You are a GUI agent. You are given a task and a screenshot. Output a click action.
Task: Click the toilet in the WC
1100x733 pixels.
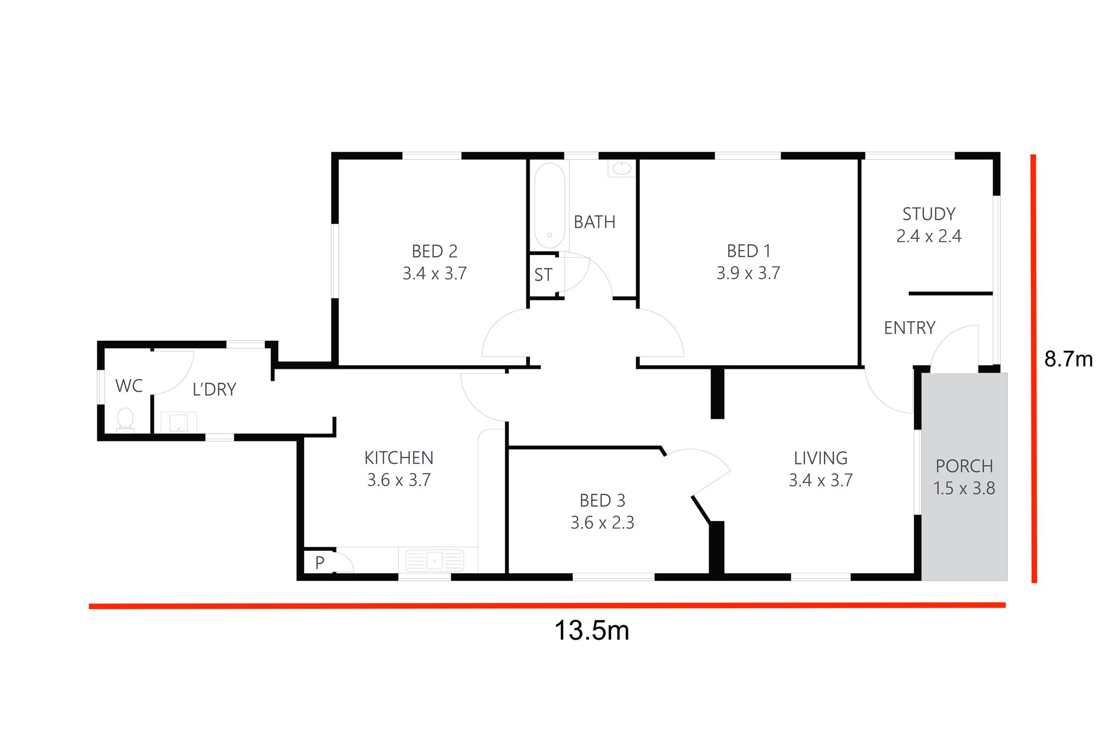tap(125, 420)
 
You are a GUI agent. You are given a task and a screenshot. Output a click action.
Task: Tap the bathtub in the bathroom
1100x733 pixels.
tap(549, 206)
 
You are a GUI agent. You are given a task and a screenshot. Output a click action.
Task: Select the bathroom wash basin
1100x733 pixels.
tap(622, 168)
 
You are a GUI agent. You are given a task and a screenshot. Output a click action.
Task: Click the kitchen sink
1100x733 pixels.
tap(434, 560)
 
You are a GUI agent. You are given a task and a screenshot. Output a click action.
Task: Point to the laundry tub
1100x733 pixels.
tap(178, 422)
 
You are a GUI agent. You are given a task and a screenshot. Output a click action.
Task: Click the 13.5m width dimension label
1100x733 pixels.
tap(592, 630)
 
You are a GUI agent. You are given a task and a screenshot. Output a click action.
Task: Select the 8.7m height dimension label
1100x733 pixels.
tap(1068, 359)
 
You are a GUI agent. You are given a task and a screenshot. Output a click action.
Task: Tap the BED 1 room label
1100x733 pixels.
tap(748, 251)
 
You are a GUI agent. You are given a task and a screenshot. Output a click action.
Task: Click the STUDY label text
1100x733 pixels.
tap(929, 214)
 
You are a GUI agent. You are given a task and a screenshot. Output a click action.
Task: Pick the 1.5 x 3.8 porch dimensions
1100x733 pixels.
tap(964, 488)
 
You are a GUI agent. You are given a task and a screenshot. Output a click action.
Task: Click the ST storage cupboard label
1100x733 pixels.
tap(543, 275)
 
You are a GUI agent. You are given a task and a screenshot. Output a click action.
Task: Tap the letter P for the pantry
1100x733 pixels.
tap(320, 562)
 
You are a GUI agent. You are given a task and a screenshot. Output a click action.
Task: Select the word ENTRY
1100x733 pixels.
tap(909, 328)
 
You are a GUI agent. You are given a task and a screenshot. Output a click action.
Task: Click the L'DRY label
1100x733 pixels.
tap(214, 389)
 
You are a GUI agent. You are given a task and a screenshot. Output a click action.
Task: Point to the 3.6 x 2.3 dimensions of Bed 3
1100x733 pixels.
tap(602, 523)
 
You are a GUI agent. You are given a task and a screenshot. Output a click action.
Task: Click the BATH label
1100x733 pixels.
tap(595, 222)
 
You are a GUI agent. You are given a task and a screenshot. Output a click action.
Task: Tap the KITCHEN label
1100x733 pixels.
tap(399, 458)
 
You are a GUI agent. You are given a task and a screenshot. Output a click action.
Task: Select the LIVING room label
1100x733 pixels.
tap(820, 458)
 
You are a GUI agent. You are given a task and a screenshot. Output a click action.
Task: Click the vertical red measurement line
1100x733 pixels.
tap(1034, 369)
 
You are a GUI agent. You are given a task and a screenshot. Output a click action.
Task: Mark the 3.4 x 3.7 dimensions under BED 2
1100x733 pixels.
tap(434, 274)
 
